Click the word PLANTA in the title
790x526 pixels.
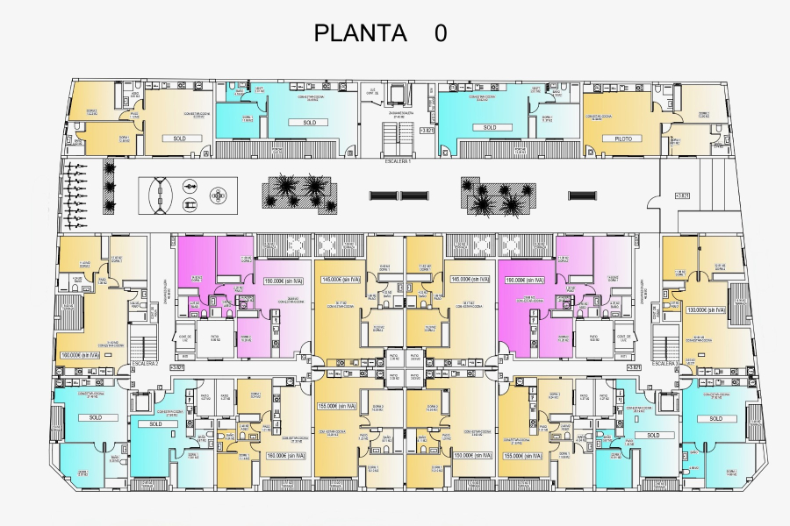(360, 33)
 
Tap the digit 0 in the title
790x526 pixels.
(440, 33)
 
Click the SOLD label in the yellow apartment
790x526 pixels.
(179, 139)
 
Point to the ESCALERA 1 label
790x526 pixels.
(398, 162)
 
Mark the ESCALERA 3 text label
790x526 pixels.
(666, 363)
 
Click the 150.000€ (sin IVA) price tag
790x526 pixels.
(470, 456)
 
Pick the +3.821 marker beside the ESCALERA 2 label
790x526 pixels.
(176, 368)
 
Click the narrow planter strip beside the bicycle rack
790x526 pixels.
(110, 187)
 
